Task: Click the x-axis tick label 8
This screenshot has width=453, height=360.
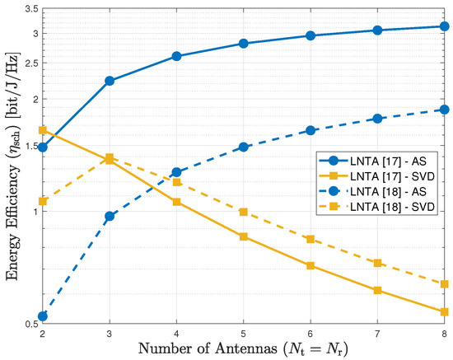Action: [444, 334]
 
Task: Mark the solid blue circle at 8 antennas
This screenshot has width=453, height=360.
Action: [444, 26]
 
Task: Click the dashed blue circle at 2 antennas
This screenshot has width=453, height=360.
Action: [42, 316]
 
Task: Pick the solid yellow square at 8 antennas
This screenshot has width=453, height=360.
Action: [444, 311]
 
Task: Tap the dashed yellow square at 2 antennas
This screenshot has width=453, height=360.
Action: [42, 201]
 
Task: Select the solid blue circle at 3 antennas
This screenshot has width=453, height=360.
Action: [110, 81]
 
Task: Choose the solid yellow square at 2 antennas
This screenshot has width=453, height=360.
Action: [42, 130]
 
